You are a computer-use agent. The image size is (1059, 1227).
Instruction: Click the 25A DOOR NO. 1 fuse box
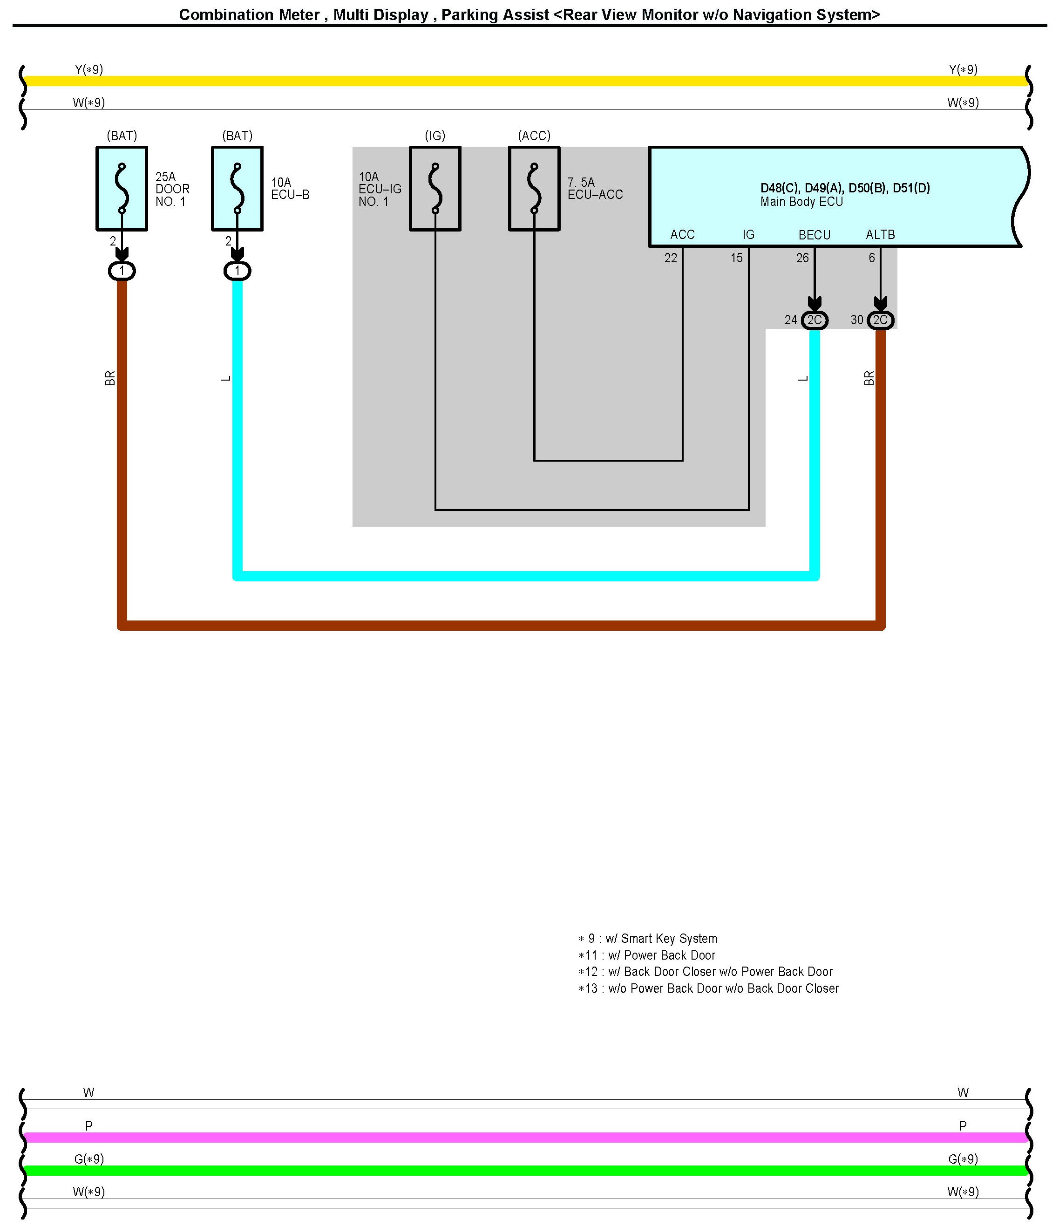click(x=122, y=188)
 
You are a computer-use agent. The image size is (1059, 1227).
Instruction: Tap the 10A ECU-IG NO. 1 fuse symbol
click(x=435, y=188)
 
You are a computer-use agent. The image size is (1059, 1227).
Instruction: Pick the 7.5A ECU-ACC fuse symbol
click(x=534, y=188)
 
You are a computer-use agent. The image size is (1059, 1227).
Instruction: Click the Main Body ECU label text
click(x=801, y=202)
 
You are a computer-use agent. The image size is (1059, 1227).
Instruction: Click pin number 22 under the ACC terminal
click(x=670, y=258)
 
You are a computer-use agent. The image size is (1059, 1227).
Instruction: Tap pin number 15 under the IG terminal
click(x=736, y=258)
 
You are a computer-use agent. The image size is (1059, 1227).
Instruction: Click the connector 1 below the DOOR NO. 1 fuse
click(x=122, y=271)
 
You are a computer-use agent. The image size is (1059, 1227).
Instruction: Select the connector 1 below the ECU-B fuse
click(x=238, y=271)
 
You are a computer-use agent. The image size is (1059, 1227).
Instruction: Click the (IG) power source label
click(x=435, y=136)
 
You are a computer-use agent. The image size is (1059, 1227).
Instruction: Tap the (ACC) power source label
click(x=534, y=136)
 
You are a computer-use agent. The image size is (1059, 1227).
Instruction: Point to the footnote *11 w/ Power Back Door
click(x=646, y=955)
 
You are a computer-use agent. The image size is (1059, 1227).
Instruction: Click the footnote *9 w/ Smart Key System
click(x=648, y=939)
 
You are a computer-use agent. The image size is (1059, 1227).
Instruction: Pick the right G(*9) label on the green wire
click(x=963, y=1159)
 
